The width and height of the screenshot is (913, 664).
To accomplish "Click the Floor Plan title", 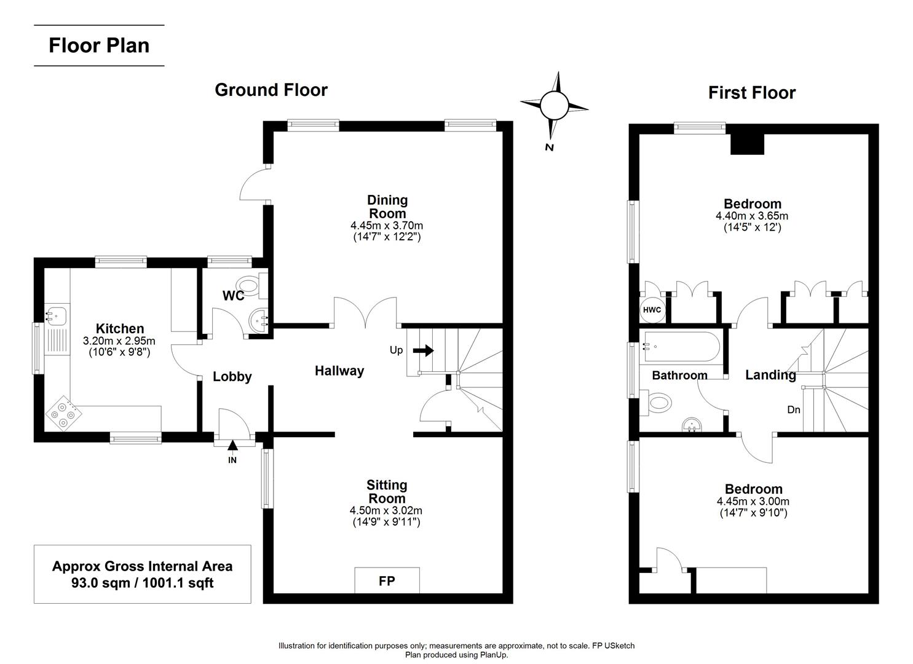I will click(99, 45).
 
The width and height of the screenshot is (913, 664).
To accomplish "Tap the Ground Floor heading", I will click(271, 90).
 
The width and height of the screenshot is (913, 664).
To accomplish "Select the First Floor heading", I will click(751, 93).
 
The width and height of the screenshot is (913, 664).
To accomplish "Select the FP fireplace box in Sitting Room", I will click(387, 580).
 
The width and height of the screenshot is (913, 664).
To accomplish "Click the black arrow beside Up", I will click(423, 350).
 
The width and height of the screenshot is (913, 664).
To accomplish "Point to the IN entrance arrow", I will click(232, 446).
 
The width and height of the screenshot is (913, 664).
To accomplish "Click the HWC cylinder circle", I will click(652, 310).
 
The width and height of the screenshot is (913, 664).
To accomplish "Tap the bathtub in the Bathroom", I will click(679, 347).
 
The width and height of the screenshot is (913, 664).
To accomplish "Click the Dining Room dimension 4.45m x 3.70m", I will click(387, 226).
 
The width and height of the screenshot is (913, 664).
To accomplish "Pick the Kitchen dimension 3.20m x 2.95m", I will click(119, 341).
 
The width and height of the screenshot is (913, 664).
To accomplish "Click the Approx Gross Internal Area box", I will click(142, 574).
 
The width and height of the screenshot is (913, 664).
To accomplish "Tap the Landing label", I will click(770, 375).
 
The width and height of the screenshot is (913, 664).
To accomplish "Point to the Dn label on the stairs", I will click(794, 409).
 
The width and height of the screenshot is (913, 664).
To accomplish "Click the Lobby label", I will click(232, 377).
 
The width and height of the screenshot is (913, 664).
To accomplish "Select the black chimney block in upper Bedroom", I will click(747, 144).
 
